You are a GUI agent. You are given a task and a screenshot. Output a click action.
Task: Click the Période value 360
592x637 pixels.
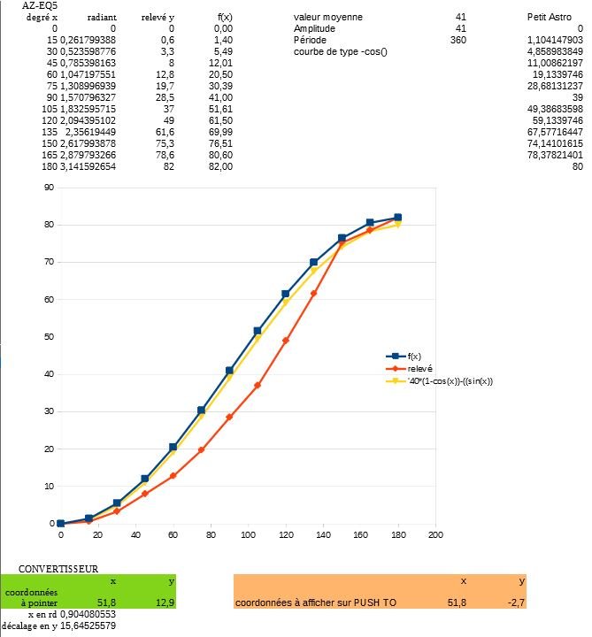coord(457,41)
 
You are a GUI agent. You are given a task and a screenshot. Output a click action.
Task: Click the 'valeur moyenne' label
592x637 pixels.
coord(327,18)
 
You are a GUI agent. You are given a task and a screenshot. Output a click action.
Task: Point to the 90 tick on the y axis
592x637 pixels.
coord(50,188)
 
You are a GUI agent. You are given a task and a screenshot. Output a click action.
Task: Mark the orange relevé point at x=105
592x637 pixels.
coord(258,385)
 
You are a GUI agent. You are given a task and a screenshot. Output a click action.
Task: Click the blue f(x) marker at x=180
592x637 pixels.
coord(398,217)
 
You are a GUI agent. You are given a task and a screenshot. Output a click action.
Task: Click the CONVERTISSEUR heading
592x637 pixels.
coord(58,569)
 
